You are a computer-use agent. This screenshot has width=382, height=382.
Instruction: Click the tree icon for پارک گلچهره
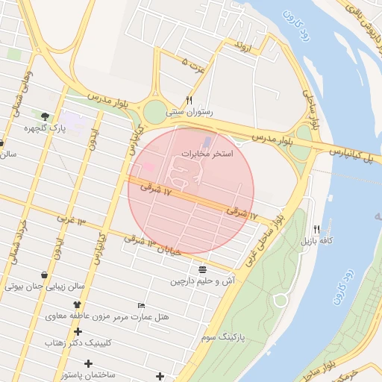point(46,116)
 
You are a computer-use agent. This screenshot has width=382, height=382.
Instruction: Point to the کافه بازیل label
point(316,241)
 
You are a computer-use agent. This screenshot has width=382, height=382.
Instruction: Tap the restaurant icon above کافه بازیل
point(316,229)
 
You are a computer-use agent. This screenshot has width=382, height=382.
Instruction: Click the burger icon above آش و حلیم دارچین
point(203,269)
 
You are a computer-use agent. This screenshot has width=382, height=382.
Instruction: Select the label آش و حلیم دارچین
point(202,281)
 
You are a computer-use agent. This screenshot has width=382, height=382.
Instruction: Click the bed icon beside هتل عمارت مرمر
point(142,305)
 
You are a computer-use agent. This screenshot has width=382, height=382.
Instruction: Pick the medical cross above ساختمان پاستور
point(88,363)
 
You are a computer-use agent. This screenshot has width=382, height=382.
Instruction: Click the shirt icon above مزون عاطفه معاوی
point(76,304)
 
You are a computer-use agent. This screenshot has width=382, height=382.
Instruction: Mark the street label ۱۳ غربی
point(71,220)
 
